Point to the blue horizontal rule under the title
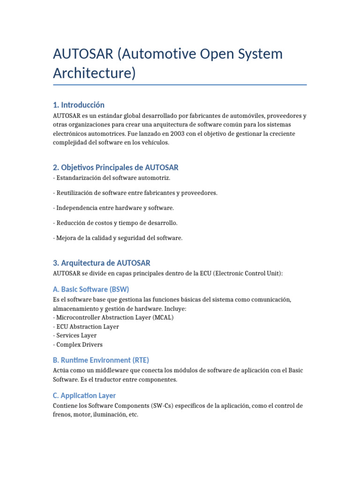(x=180, y=85)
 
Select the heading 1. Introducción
(x=79, y=105)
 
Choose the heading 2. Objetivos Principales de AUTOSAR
(x=116, y=167)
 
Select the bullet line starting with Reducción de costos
(x=115, y=223)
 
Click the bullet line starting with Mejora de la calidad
(x=118, y=238)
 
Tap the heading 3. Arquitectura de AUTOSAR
(x=102, y=263)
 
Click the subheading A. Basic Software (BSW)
(x=91, y=289)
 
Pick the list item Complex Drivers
(x=79, y=345)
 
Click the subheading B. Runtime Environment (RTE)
(x=101, y=360)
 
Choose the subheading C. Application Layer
(x=84, y=395)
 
